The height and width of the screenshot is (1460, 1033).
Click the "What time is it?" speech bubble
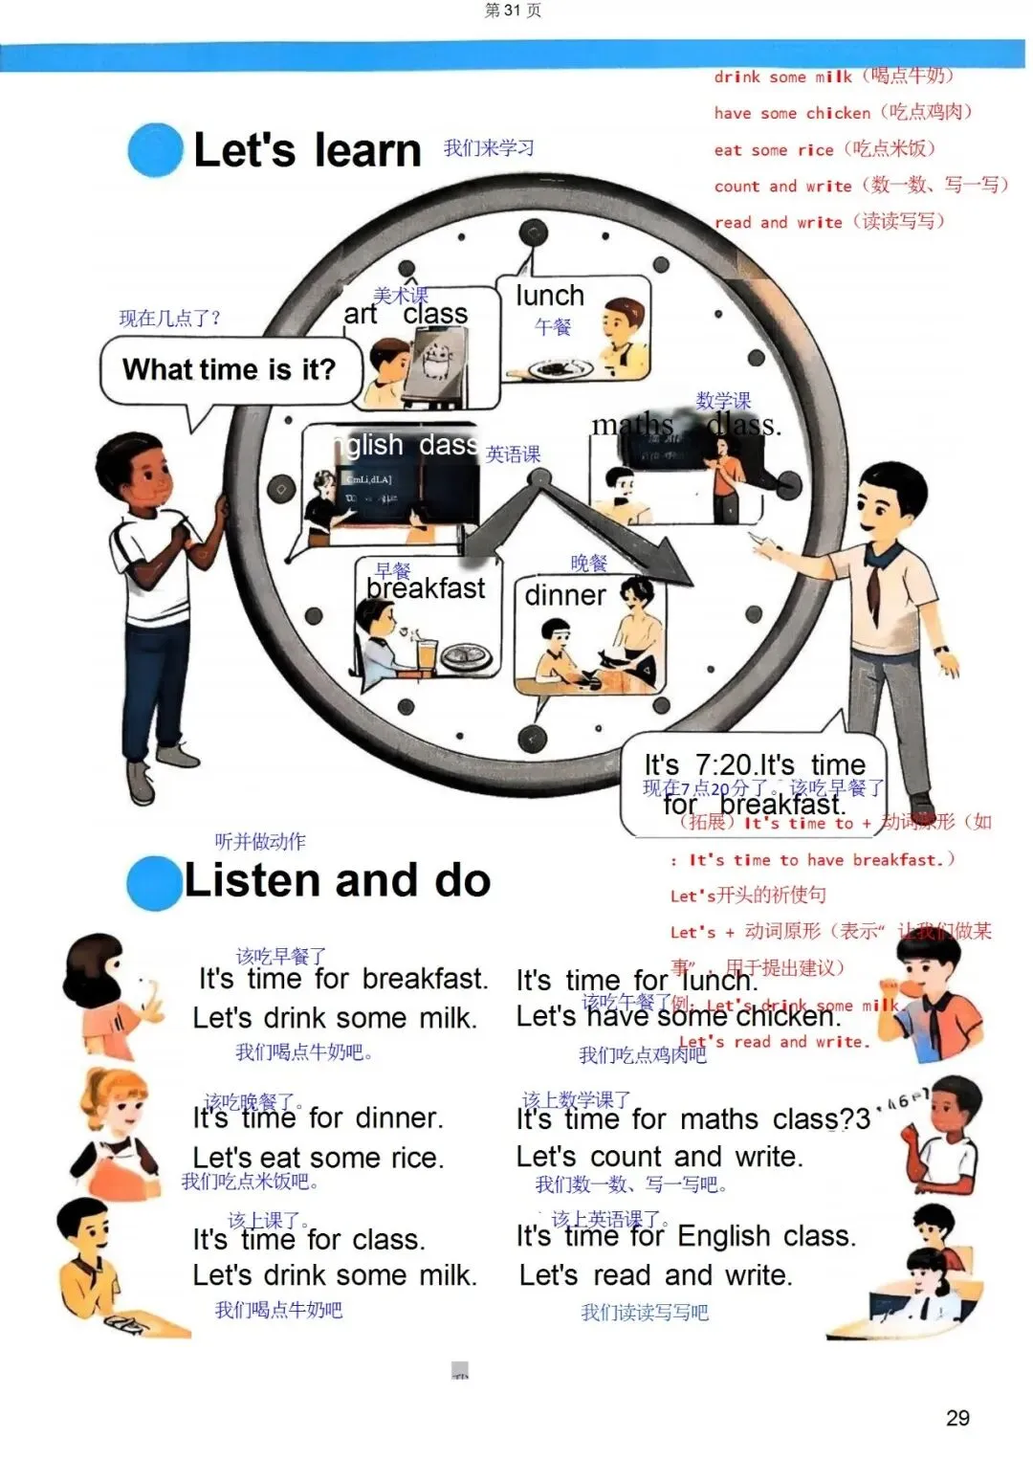[230, 370]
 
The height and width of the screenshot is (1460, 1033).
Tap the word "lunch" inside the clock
[549, 296]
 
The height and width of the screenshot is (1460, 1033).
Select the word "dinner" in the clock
[564, 595]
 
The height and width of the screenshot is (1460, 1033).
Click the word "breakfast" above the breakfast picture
[426, 588]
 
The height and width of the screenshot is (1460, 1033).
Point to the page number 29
[957, 1418]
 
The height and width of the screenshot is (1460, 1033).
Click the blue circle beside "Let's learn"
[155, 150]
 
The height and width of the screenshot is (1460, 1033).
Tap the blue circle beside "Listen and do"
[154, 882]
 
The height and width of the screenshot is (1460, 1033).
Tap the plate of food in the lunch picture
[554, 369]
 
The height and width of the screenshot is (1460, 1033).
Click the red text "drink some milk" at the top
[782, 77]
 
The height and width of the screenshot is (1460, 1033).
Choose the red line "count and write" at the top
[782, 187]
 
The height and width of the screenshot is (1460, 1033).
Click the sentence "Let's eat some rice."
[319, 1158]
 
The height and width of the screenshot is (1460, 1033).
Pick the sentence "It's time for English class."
[686, 1236]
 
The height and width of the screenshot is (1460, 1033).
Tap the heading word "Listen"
[246, 881]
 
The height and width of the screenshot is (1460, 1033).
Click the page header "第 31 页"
[513, 11]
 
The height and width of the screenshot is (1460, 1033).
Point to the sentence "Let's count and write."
[659, 1157]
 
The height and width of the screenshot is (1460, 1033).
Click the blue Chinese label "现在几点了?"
[169, 319]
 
